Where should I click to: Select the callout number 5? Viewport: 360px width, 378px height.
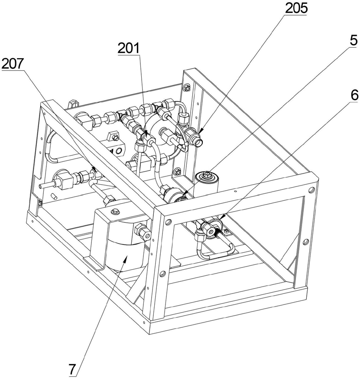point(354,41)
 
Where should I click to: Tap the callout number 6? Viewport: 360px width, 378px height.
point(354,95)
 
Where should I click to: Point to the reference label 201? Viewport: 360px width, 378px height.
point(129,48)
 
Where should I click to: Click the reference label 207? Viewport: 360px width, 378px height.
point(13,64)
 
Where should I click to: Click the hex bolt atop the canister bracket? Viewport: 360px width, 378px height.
point(116,212)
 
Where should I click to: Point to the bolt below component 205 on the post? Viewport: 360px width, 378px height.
point(178,173)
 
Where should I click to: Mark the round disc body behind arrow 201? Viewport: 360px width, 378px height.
point(160,133)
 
